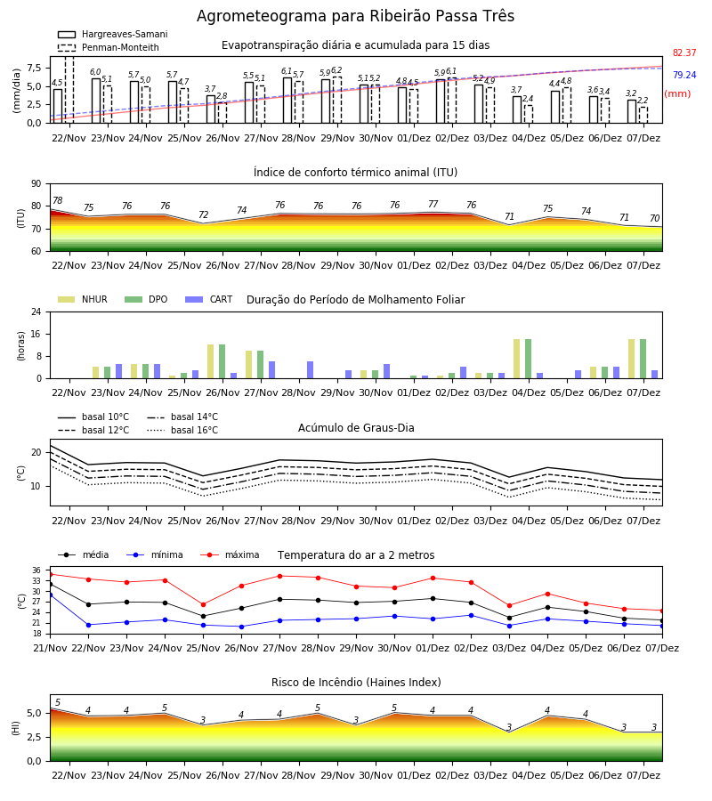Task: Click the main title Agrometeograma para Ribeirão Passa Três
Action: click(x=355, y=16)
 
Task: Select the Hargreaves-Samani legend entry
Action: click(x=112, y=34)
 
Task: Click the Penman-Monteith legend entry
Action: click(x=109, y=47)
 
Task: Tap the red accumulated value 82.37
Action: click(x=684, y=53)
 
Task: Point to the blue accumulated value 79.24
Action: click(x=684, y=75)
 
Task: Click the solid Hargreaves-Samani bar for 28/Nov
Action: click(x=287, y=101)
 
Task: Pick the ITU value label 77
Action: click(x=433, y=205)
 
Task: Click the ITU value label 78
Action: click(x=58, y=201)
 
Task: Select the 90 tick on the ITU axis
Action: click(x=36, y=184)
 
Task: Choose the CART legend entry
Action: click(x=208, y=299)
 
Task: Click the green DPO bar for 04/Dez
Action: click(x=528, y=360)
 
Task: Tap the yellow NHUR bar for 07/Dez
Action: click(x=631, y=360)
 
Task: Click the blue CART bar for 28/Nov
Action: click(x=310, y=370)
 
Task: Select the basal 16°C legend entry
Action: click(x=182, y=430)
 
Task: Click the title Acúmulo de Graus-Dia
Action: click(x=356, y=428)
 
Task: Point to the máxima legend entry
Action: click(x=230, y=554)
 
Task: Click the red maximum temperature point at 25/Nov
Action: click(x=203, y=605)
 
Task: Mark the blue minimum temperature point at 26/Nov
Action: click(x=241, y=627)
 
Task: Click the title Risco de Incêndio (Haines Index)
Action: click(x=356, y=683)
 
